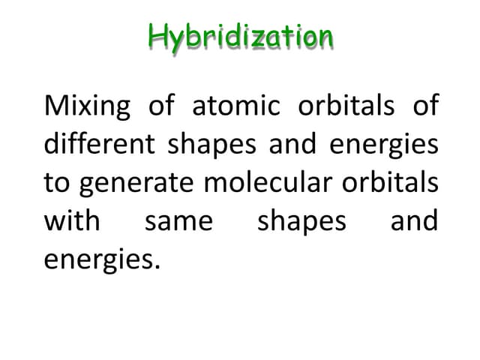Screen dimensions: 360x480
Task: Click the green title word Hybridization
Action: [240, 36]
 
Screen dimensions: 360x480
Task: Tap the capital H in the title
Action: [157, 35]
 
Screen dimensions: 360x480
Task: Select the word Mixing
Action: [88, 106]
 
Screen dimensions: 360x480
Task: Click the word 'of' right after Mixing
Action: [161, 106]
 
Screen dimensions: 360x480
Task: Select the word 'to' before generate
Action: [58, 183]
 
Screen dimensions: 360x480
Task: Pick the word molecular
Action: [273, 183]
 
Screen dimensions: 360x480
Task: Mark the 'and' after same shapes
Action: [413, 221]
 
